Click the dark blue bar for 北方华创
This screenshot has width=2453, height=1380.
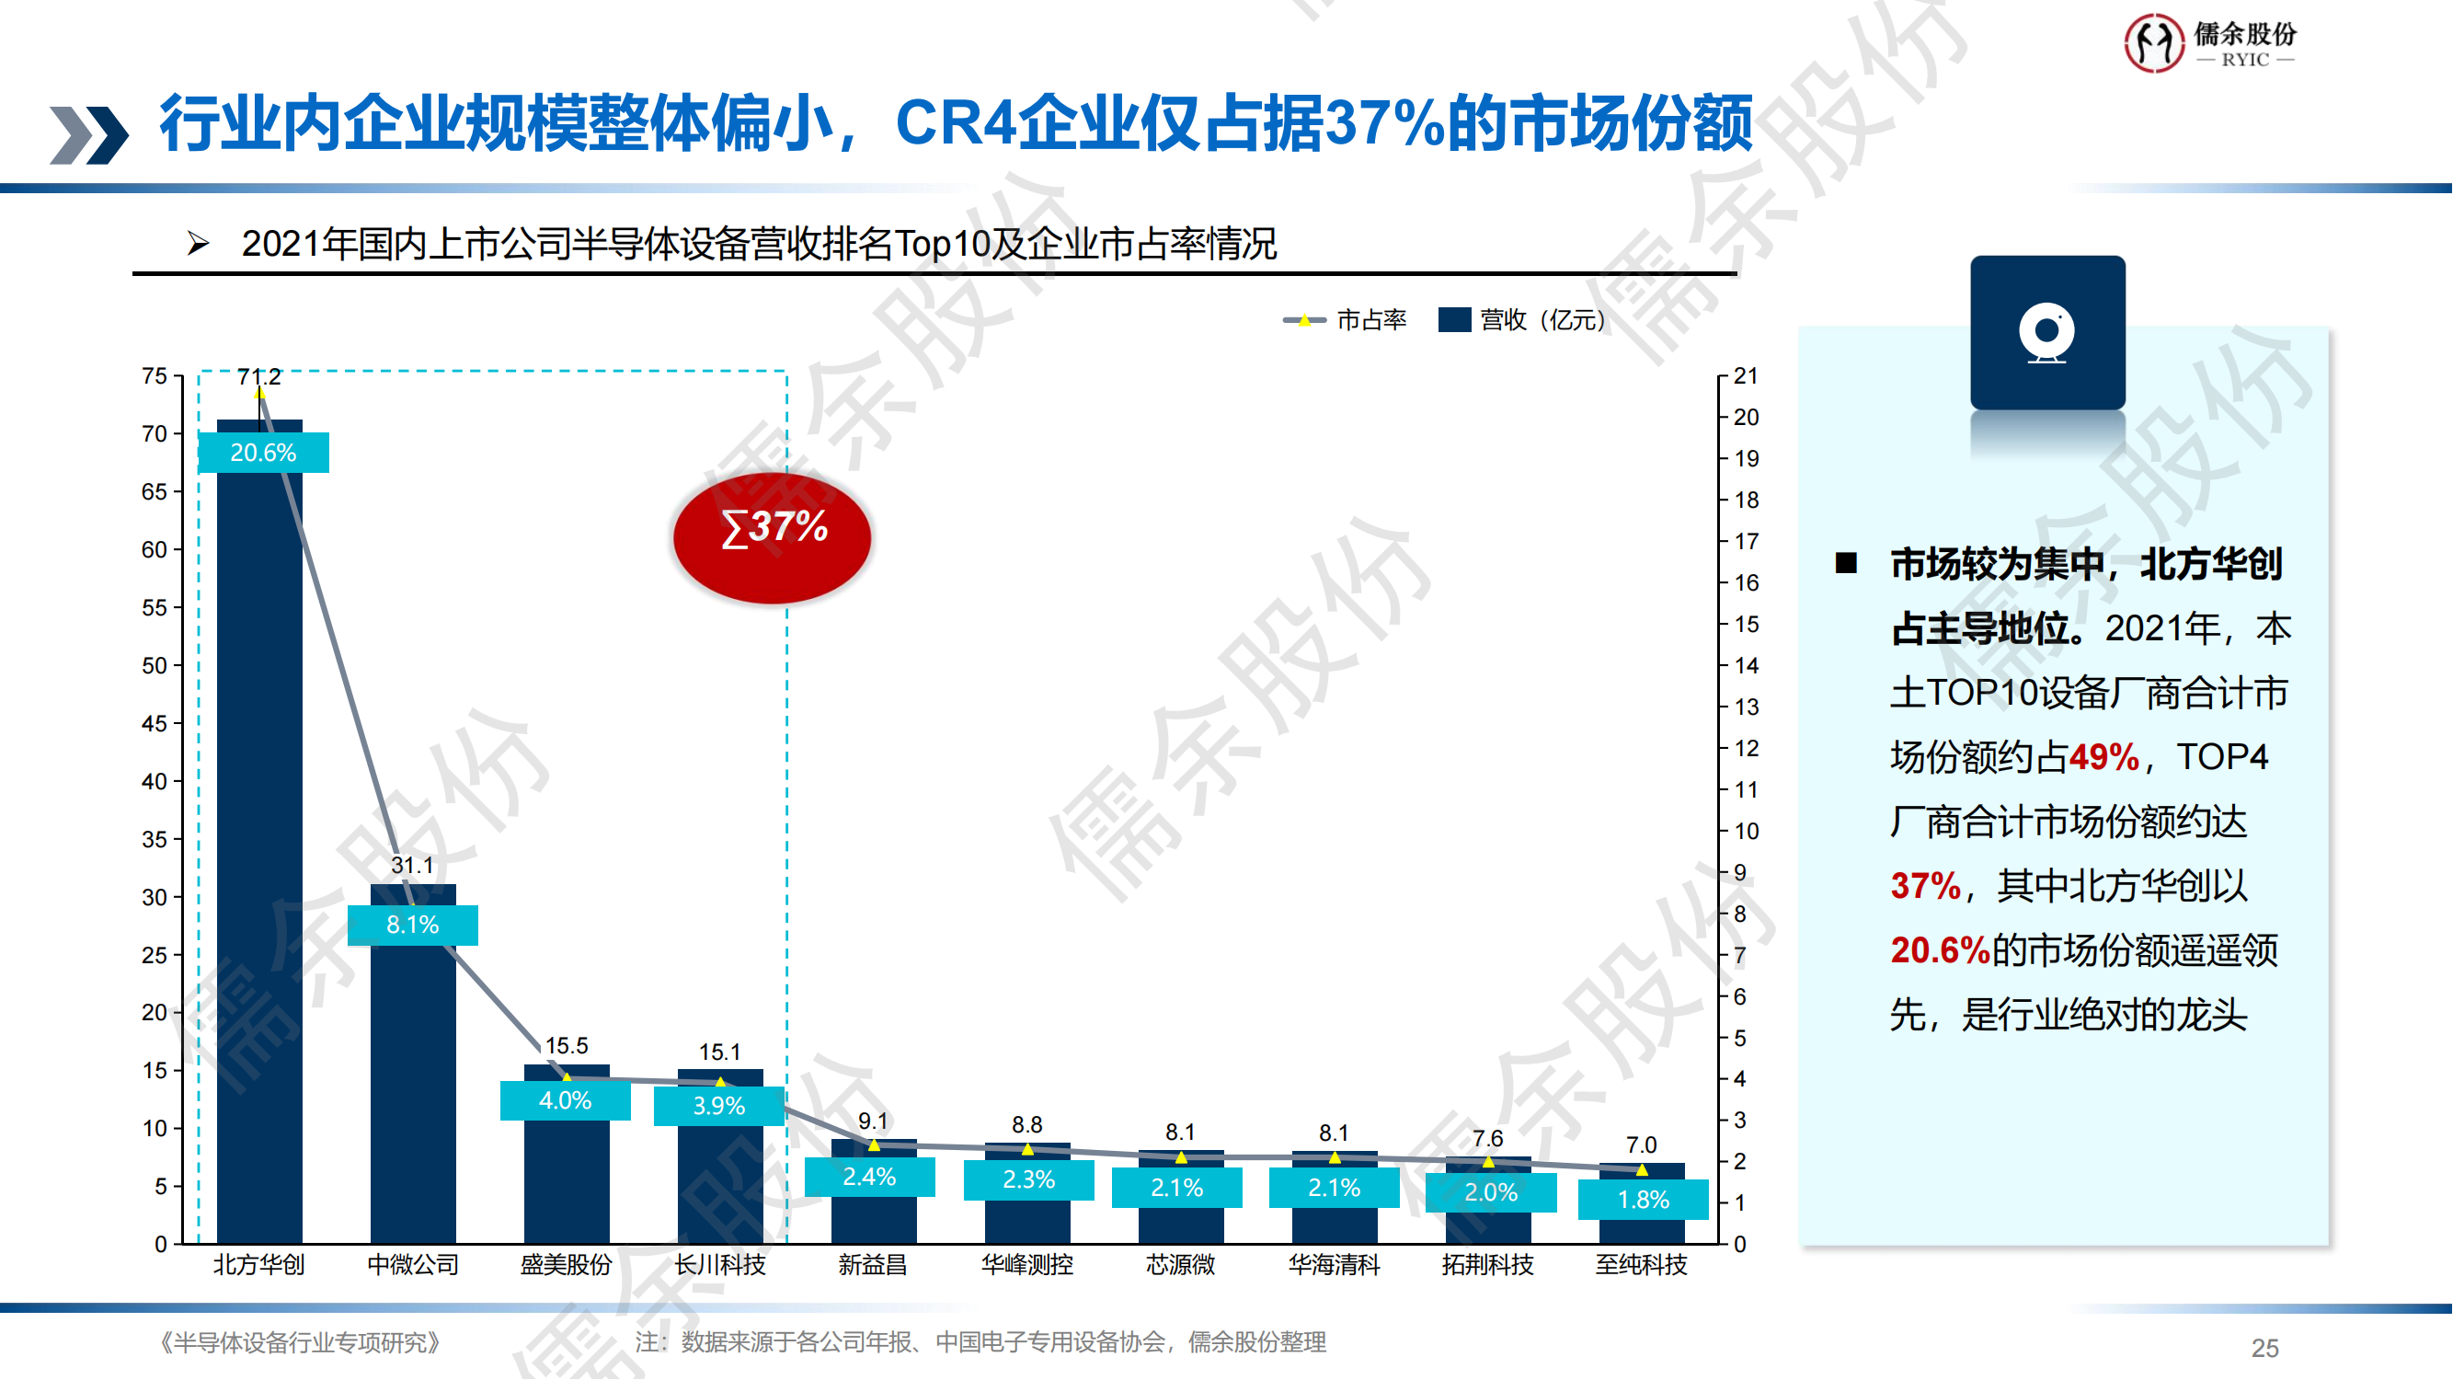tap(260, 857)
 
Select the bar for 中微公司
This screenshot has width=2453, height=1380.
tap(413, 1095)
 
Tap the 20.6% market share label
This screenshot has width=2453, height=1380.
tap(264, 453)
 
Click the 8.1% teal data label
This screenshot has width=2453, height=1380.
tap(412, 925)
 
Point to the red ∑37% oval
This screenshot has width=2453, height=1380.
tap(773, 538)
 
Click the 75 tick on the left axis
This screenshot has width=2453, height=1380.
tap(155, 376)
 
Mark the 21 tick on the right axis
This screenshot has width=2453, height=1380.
tap(1746, 376)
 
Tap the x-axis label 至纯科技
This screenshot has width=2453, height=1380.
tap(1642, 1265)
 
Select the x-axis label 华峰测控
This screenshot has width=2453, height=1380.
tap(1027, 1265)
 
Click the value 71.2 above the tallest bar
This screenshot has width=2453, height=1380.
tap(259, 377)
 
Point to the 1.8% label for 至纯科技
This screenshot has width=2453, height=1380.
tap(1644, 1200)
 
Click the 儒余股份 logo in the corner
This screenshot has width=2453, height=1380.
tap(2210, 43)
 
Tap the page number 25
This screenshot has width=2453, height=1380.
tap(2265, 1349)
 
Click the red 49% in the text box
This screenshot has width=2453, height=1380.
tap(2103, 758)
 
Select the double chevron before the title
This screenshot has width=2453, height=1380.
tap(88, 134)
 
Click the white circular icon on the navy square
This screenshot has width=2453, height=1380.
tap(2047, 332)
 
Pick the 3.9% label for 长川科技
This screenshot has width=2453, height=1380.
tap(719, 1106)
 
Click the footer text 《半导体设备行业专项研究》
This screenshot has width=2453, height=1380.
tap(299, 1343)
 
